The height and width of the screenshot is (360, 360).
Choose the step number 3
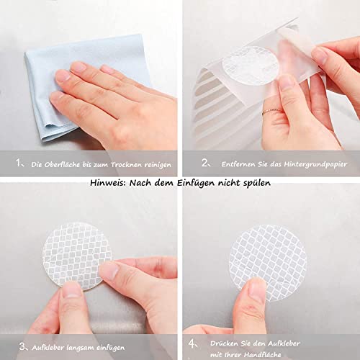tap(22, 346)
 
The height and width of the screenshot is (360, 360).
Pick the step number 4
tap(192, 343)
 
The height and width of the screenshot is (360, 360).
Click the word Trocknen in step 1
tap(126, 165)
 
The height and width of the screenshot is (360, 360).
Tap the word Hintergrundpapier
tap(315, 164)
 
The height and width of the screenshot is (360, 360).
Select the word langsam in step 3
tap(81, 348)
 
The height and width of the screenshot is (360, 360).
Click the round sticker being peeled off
tap(251, 66)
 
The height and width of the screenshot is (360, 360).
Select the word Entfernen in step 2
tap(238, 164)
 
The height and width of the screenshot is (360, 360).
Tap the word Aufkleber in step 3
tap(48, 348)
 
